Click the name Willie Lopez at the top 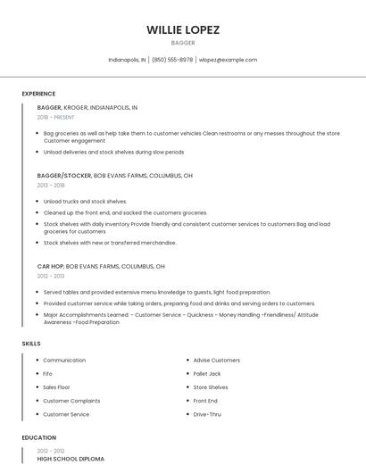pyautogui.click(x=183, y=29)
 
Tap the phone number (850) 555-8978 pyautogui.click(x=172, y=60)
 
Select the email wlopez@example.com pyautogui.click(x=228, y=60)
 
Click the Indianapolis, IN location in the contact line pyautogui.click(x=127, y=60)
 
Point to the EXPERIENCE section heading pyautogui.click(x=38, y=94)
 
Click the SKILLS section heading pyautogui.click(x=31, y=344)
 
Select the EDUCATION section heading pyautogui.click(x=39, y=438)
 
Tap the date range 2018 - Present pyautogui.click(x=56, y=117)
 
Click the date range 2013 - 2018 pyautogui.click(x=51, y=186)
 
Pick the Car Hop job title pyautogui.click(x=50, y=266)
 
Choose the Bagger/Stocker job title pyautogui.click(x=64, y=176)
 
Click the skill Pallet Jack pyautogui.click(x=207, y=374)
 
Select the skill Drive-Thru pyautogui.click(x=207, y=414)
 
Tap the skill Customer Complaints pyautogui.click(x=71, y=401)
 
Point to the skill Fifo pyautogui.click(x=48, y=374)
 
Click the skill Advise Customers pyautogui.click(x=217, y=361)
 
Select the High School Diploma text pyautogui.click(x=71, y=459)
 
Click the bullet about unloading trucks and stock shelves pyautogui.click(x=86, y=202)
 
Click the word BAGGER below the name pyautogui.click(x=183, y=43)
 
